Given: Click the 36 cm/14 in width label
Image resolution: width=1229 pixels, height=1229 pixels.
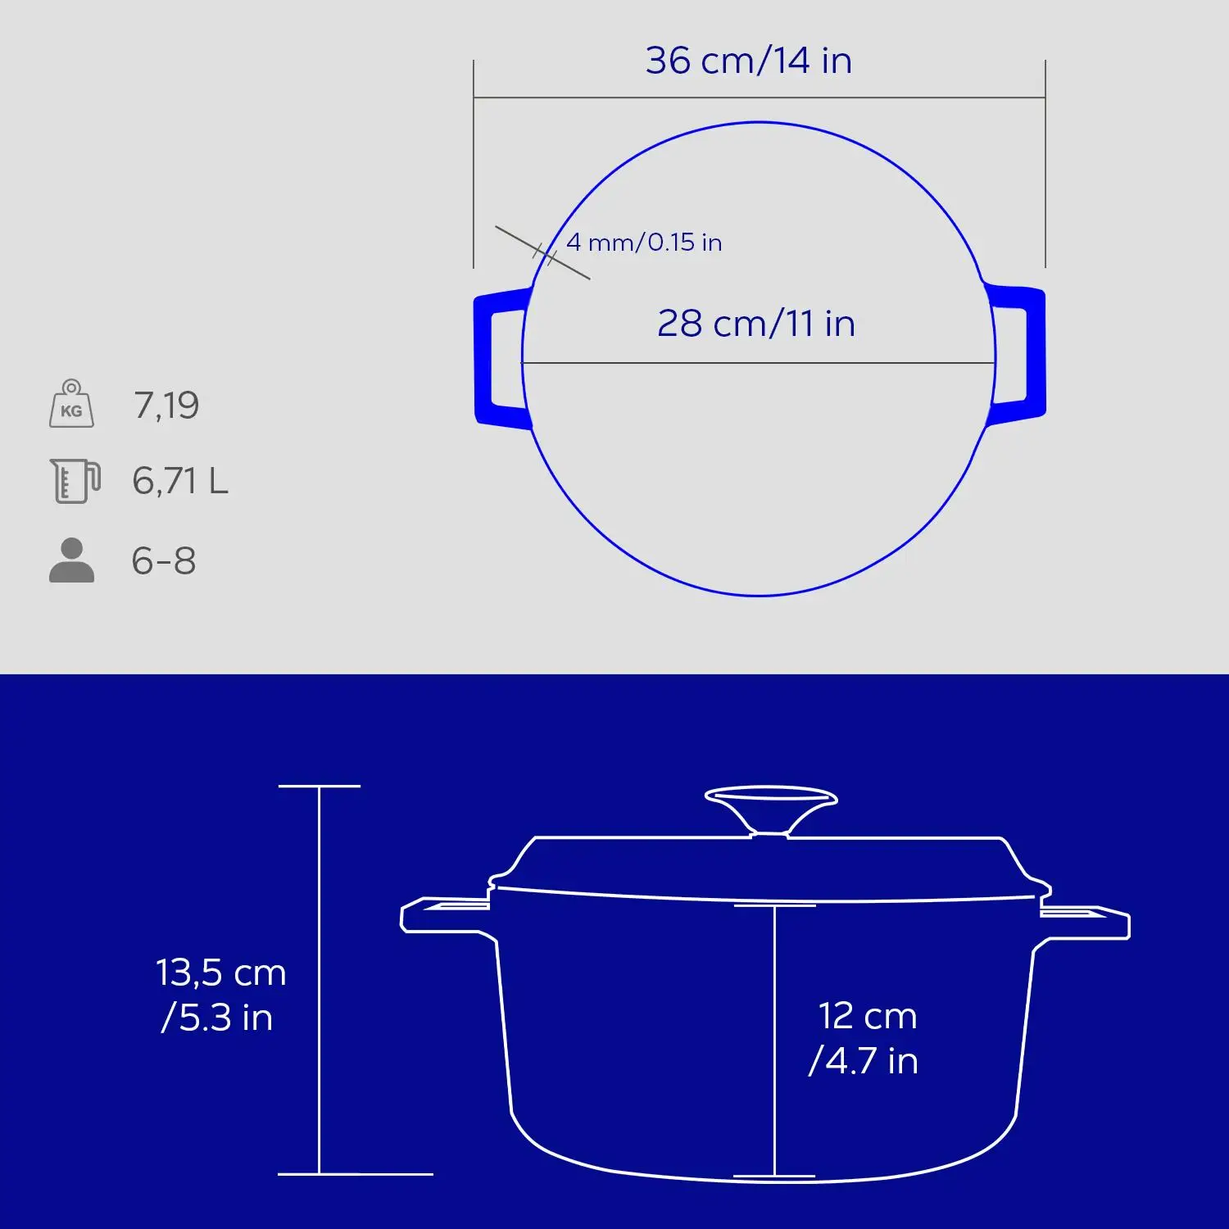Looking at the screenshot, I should [748, 61].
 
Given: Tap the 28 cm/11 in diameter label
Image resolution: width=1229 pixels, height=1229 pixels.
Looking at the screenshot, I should [755, 324].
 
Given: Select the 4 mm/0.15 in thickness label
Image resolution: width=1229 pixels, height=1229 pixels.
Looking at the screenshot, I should [644, 243].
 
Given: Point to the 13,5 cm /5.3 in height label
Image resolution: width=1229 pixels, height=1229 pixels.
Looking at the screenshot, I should [220, 995].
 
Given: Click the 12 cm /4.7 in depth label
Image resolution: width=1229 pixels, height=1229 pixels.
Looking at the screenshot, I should [865, 1038].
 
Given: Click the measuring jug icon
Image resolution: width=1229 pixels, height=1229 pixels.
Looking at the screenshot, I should [75, 480].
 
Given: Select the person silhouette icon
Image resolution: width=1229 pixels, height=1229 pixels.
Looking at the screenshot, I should [71, 560].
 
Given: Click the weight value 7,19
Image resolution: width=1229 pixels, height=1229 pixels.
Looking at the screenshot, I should [166, 406].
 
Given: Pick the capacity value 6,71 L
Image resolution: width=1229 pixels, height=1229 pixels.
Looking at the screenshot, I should [179, 481].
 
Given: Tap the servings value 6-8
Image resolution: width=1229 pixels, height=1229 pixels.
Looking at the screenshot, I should [164, 561].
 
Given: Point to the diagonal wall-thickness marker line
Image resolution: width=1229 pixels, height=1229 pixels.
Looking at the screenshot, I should [542, 252].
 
